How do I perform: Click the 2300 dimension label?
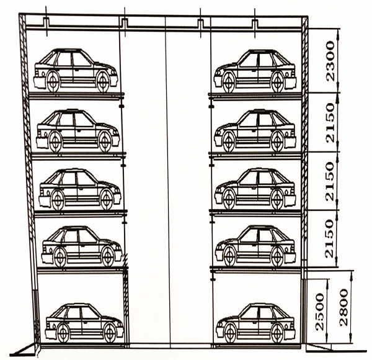pos(330,61)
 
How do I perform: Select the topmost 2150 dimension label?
pos(330,122)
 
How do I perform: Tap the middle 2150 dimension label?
pos(330,181)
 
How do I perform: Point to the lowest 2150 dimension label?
pos(329,238)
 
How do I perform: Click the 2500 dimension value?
pos(320,312)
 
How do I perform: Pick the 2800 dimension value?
pos(343,307)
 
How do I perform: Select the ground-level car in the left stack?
pos(84,323)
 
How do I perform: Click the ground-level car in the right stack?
pos(255,323)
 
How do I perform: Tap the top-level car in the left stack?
pos(76,71)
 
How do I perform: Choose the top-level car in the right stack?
pos(255,71)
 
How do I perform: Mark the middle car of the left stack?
pos(80,189)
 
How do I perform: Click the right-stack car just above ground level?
pos(255,246)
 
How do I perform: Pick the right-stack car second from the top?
pos(255,130)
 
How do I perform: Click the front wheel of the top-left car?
pos(103,82)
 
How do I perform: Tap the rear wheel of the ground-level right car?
pos(278,333)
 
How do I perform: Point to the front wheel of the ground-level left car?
pos(110,333)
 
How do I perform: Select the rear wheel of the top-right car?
pos(278,83)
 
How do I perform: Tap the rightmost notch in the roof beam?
pos(255,23)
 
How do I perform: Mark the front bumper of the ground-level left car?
pos(120,331)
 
